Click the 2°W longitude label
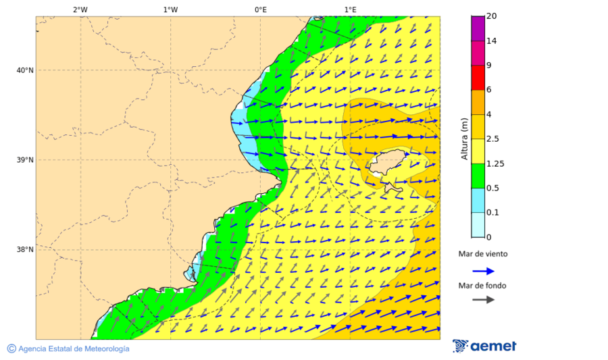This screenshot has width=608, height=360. tap(80, 9)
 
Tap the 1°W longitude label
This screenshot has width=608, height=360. tap(170, 9)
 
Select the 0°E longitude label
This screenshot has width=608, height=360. tap(260, 9)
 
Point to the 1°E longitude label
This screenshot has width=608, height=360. tap(350, 9)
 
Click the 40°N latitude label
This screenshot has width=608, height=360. tap(24, 70)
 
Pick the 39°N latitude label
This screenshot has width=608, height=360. tap(24, 160)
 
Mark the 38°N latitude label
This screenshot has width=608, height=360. tap(24, 250)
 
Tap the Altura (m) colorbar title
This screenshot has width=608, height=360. tap(464, 139)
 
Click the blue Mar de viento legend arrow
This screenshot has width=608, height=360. tap(483, 271)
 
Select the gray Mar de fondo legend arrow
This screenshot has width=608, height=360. tap(483, 300)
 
